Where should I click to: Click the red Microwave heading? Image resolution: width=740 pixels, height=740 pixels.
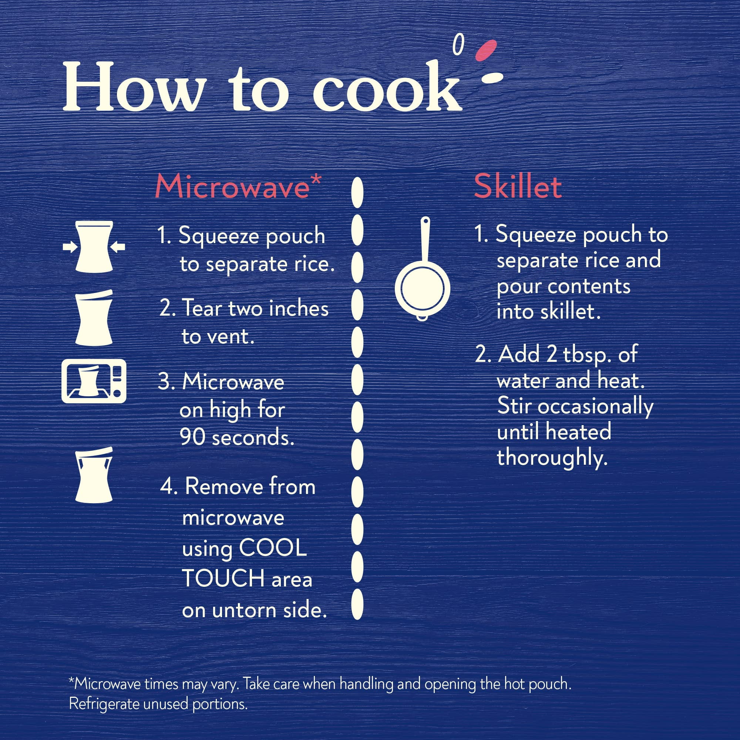coord(232,187)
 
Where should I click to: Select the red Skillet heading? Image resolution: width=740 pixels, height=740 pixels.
coord(518,187)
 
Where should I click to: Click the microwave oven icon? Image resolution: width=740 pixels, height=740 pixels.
coord(94,381)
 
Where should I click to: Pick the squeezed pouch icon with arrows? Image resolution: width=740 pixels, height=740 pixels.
coord(94,247)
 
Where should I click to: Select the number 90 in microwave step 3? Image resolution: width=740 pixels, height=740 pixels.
coord(193,437)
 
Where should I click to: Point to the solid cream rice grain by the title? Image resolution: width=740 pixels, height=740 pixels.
coord(492,78)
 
